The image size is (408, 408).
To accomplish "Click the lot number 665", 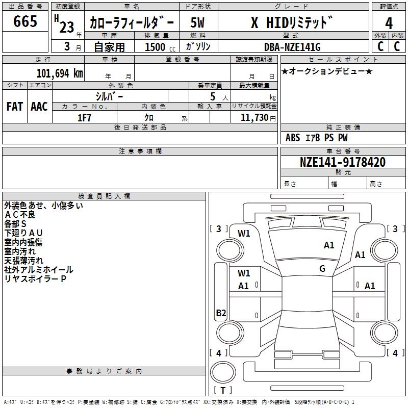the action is [25, 22].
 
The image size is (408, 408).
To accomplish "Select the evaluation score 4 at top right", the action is [389, 23].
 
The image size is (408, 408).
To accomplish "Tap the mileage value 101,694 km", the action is [60, 73].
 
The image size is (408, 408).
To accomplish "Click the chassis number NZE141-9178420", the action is [342, 162].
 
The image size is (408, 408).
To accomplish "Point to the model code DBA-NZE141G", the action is [292, 47].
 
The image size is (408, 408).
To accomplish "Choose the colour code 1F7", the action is [84, 118].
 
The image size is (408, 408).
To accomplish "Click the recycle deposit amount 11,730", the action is [253, 118].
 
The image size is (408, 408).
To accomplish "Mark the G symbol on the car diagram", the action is [322, 269].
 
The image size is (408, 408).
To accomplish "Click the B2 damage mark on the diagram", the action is [221, 313].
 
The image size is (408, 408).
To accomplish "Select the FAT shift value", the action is [14, 106].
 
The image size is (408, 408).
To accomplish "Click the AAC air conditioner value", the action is [39, 106].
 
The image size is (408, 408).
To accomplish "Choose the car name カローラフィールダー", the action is [132, 23].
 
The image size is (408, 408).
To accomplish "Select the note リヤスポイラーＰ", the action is [35, 278].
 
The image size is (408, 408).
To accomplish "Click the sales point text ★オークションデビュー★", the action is [327, 71].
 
